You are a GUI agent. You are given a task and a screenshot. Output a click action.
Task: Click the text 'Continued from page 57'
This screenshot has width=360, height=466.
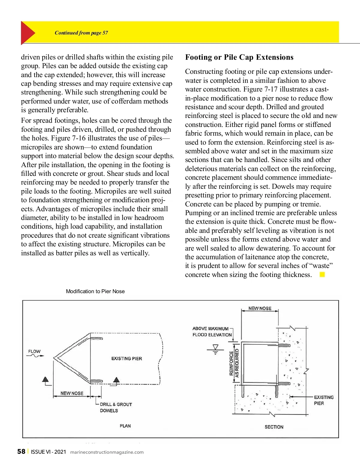click(x=81, y=33)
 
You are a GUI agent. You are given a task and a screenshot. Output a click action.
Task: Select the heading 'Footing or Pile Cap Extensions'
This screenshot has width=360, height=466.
click(x=239, y=57)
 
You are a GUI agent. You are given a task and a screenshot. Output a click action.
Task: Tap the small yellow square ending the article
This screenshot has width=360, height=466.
click(x=322, y=275)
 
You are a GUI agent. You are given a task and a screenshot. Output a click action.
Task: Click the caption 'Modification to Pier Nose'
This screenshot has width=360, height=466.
click(x=95, y=291)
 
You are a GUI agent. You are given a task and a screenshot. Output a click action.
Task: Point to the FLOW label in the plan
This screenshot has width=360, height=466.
click(x=34, y=351)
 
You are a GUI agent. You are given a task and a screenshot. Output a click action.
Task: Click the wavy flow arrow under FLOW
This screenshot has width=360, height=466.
click(x=35, y=356)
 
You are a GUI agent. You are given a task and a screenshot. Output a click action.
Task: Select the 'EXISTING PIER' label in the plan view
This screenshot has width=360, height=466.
click(x=127, y=359)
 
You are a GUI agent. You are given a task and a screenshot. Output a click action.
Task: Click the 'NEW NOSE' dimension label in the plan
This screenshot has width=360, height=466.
click(x=72, y=393)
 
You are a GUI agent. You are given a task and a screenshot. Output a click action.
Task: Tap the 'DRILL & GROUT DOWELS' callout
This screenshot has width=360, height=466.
click(x=115, y=407)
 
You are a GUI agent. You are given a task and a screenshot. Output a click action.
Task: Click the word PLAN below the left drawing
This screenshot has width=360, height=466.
click(x=125, y=426)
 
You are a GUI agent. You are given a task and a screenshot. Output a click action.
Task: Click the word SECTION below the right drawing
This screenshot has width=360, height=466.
click(x=274, y=427)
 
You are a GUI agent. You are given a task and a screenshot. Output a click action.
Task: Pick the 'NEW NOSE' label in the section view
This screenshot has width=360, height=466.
click(x=260, y=308)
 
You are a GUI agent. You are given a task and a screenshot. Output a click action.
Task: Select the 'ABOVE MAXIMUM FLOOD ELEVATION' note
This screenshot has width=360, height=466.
click(x=212, y=332)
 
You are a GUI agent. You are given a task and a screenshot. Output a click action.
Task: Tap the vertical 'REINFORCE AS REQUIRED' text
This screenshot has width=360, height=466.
click(x=234, y=363)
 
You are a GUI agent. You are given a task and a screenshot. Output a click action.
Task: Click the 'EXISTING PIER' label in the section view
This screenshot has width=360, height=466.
click(x=323, y=400)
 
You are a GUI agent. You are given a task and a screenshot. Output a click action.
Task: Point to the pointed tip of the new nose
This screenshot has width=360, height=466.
click(x=54, y=358)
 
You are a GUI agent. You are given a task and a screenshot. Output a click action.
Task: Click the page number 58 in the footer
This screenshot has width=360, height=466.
click(x=21, y=452)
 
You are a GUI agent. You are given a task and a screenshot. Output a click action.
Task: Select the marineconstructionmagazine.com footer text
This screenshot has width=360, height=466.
click(x=107, y=452)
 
